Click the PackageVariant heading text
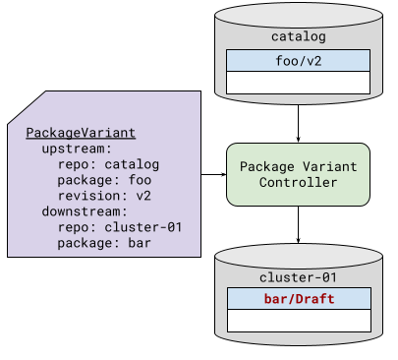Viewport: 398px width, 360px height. (x=81, y=133)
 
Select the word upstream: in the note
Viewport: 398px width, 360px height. (x=78, y=149)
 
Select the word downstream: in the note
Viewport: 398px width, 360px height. (x=85, y=211)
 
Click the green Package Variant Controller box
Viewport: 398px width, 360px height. (x=299, y=174)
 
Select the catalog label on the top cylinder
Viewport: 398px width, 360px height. (x=299, y=37)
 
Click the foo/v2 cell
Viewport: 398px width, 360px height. (x=299, y=61)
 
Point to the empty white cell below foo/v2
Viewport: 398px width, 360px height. (x=299, y=83)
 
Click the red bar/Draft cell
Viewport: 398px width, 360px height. (x=299, y=298)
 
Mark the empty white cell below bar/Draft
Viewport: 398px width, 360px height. (x=299, y=320)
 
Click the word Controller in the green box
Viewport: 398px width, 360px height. (x=299, y=182)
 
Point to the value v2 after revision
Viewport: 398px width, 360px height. (x=143, y=196)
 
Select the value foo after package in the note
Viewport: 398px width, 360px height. (x=140, y=180)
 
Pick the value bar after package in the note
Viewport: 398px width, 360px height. (x=140, y=243)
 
